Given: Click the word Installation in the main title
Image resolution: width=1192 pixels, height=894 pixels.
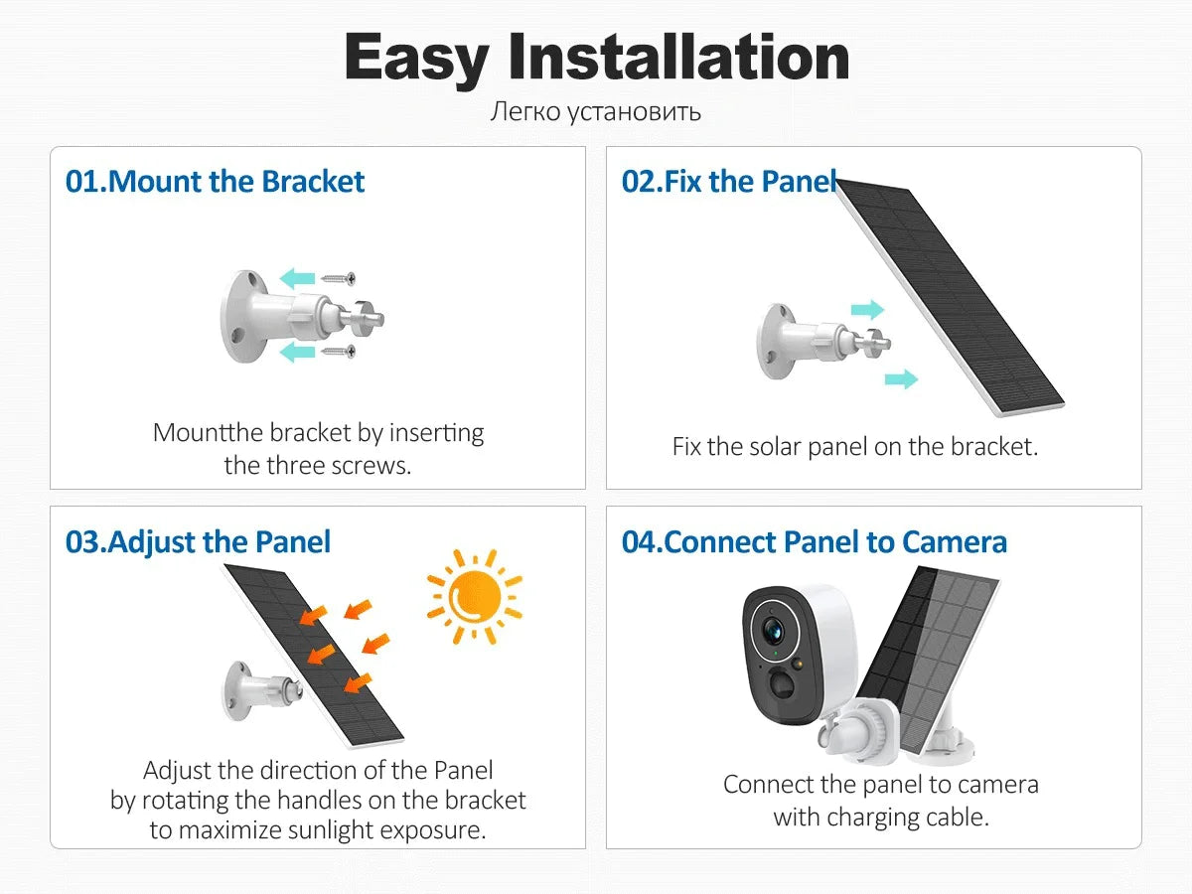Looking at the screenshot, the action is (x=678, y=57).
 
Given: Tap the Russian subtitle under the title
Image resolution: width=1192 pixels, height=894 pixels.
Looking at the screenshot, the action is (x=596, y=112).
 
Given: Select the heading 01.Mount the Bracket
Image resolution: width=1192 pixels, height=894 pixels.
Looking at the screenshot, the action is (x=215, y=182).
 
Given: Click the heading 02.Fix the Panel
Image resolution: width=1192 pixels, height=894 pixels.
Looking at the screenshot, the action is (x=729, y=182).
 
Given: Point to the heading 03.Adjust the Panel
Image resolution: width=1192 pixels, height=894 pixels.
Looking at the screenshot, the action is (x=198, y=542).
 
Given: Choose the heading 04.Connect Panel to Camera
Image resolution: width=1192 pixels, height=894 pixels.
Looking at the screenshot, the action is (x=814, y=542).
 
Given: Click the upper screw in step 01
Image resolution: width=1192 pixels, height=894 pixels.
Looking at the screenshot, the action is (x=338, y=279).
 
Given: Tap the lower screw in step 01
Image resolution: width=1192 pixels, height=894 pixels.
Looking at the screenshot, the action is (x=338, y=352).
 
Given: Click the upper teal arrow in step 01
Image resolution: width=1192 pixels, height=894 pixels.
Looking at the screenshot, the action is (x=297, y=278).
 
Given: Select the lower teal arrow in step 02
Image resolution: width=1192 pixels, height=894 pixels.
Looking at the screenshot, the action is (x=901, y=378).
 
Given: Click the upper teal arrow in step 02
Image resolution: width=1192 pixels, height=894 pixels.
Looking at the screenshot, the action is (x=867, y=309).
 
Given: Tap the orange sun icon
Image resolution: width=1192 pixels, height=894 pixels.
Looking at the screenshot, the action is (x=475, y=596).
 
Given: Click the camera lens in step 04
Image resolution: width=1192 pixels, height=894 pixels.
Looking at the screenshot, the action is (x=773, y=631).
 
